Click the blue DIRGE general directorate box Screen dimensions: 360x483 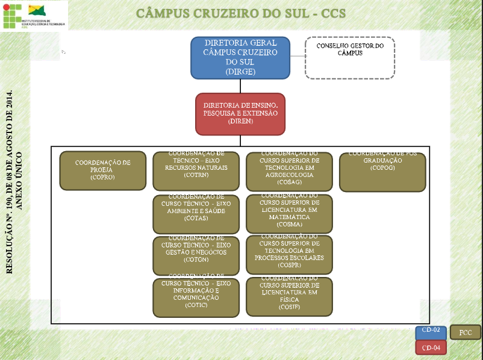[240, 58]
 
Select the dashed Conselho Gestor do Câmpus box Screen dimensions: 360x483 [350, 58]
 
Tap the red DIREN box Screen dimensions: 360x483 [240, 114]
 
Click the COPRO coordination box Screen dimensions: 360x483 [102, 170]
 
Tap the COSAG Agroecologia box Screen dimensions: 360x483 [289, 170]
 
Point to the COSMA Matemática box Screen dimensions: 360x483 [289, 214]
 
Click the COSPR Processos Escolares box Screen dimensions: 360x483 [289, 255]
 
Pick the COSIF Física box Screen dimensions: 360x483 [289, 297]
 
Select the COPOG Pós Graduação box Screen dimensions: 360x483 [382, 172]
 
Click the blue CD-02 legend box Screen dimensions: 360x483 [431, 332]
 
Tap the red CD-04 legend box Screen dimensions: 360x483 [431, 347]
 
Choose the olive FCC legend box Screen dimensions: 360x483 [466, 332]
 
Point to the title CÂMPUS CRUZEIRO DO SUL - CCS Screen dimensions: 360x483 [241, 13]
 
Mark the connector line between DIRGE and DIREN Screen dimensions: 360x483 [241, 85]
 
